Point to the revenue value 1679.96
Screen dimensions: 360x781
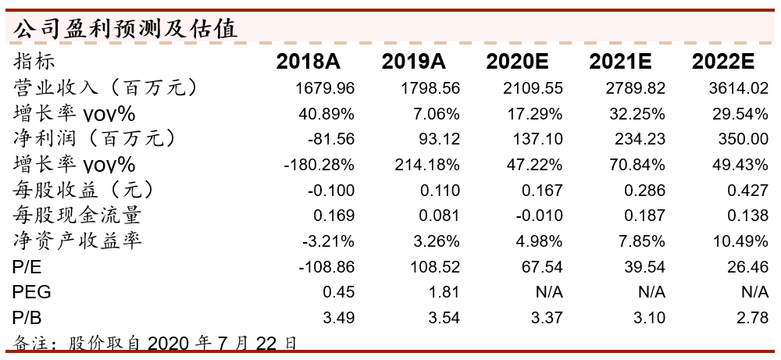point(326,88)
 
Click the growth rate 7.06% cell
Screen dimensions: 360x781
point(436,114)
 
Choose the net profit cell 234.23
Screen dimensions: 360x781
point(640,140)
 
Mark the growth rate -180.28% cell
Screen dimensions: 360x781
point(319,165)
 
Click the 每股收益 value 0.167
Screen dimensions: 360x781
point(541,191)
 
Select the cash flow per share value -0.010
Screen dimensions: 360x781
point(539,216)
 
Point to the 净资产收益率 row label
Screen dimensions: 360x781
point(78,241)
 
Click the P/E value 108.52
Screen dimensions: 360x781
point(433,267)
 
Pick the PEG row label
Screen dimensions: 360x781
point(32,293)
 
